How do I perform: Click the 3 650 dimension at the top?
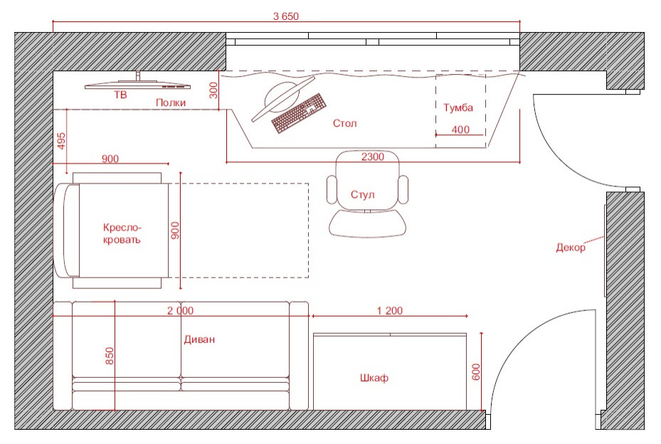pyautogui.click(x=286, y=16)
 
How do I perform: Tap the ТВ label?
pyautogui.click(x=120, y=95)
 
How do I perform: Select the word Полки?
pyautogui.click(x=171, y=102)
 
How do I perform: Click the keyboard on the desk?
pyautogui.click(x=299, y=112)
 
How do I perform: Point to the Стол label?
pyautogui.click(x=345, y=123)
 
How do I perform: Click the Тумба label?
pyautogui.click(x=458, y=107)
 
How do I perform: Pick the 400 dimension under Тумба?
pyautogui.click(x=460, y=129)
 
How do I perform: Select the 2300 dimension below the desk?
pyautogui.click(x=373, y=157)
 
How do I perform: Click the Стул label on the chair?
pyautogui.click(x=363, y=195)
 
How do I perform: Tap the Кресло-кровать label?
pyautogui.click(x=122, y=233)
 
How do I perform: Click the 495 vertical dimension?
pyautogui.click(x=62, y=142)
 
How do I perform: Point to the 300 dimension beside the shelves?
pyautogui.click(x=213, y=90)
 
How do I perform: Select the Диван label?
pyautogui.click(x=199, y=339)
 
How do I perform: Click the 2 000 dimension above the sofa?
pyautogui.click(x=181, y=311)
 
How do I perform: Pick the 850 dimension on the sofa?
pyautogui.click(x=109, y=356)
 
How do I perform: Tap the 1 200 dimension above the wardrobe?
pyautogui.click(x=389, y=311)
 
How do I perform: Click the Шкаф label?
pyautogui.click(x=374, y=378)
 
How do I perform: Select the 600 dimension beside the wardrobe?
pyautogui.click(x=476, y=372)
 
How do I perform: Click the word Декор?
pyautogui.click(x=571, y=248)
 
